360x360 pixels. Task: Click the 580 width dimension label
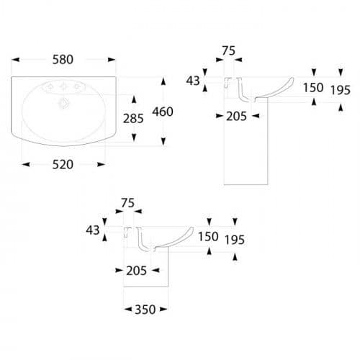pyautogui.click(x=63, y=60)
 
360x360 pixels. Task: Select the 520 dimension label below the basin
pyautogui.click(x=63, y=165)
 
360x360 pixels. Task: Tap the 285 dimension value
pyautogui.click(x=133, y=119)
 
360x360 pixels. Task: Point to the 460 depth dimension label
pyautogui.click(x=163, y=112)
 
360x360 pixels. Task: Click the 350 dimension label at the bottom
pyautogui.click(x=145, y=310)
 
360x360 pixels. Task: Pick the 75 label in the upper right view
pyautogui.click(x=229, y=51)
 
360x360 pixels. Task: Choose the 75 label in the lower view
pyautogui.click(x=128, y=203)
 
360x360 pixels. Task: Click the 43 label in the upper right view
pyautogui.click(x=193, y=81)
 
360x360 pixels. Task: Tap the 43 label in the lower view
pyautogui.click(x=93, y=230)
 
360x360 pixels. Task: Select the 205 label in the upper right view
pyautogui.click(x=237, y=117)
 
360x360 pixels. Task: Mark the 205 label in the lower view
pyautogui.click(x=137, y=271)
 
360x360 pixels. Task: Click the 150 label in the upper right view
pyautogui.click(x=313, y=88)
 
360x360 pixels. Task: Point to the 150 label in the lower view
pyautogui.click(x=208, y=237)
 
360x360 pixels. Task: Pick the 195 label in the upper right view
pyautogui.click(x=341, y=90)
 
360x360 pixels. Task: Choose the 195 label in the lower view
pyautogui.click(x=235, y=240)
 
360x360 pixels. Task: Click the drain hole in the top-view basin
pyautogui.click(x=64, y=104)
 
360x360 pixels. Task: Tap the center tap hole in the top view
pyautogui.click(x=63, y=86)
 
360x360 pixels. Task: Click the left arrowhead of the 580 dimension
pyautogui.click(x=15, y=60)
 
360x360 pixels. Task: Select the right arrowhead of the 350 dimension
pyautogui.click(x=163, y=310)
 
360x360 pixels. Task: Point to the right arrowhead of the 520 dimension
pyautogui.click(x=102, y=165)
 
